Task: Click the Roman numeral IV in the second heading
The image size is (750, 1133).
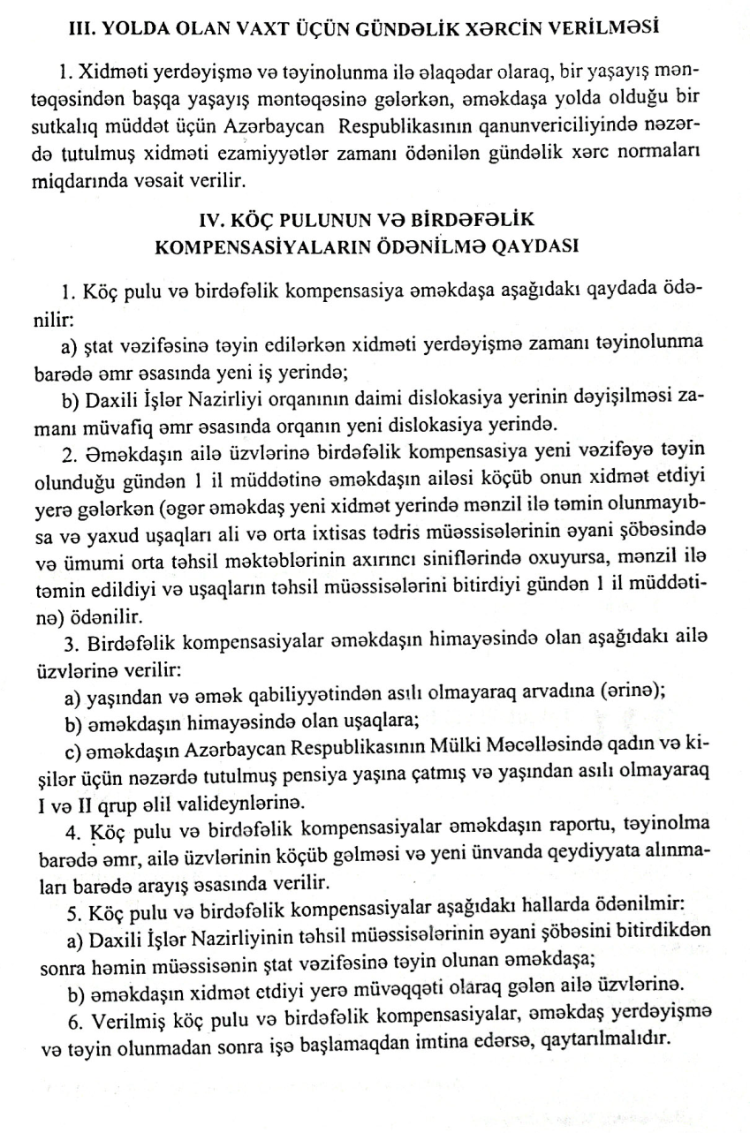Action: pos(220,216)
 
